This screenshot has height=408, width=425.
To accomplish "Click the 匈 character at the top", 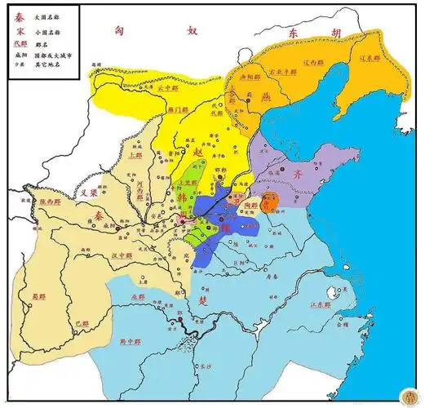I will pos(119,29).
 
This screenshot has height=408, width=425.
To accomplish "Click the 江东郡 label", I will pos(320,304).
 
